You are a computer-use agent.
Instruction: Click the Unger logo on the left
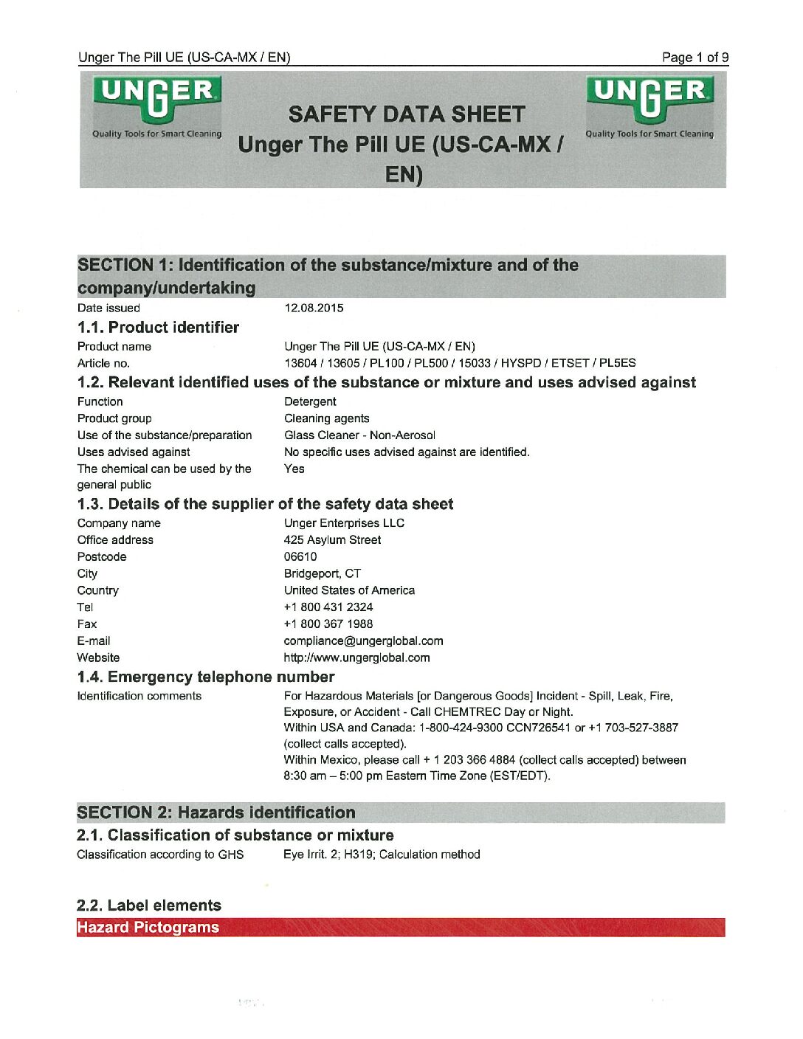156,106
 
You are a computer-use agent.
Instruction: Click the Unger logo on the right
649,106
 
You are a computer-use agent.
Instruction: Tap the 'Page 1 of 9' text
695,58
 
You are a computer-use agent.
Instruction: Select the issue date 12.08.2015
314,308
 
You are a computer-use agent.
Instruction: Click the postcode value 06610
300,557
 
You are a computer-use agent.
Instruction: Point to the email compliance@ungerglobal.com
363,641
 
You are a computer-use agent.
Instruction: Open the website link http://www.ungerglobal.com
356,658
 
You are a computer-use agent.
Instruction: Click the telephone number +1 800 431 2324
328,607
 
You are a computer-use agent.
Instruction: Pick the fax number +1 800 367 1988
328,624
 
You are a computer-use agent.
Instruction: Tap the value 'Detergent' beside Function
310,402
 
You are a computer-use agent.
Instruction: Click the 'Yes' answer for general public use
294,469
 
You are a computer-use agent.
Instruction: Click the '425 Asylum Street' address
332,540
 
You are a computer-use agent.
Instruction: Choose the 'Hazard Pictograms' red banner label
148,928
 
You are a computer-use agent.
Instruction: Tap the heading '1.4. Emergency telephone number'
206,677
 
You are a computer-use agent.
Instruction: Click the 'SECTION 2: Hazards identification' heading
216,813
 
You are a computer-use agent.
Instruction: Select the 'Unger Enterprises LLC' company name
344,523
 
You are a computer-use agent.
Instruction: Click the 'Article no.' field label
103,363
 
